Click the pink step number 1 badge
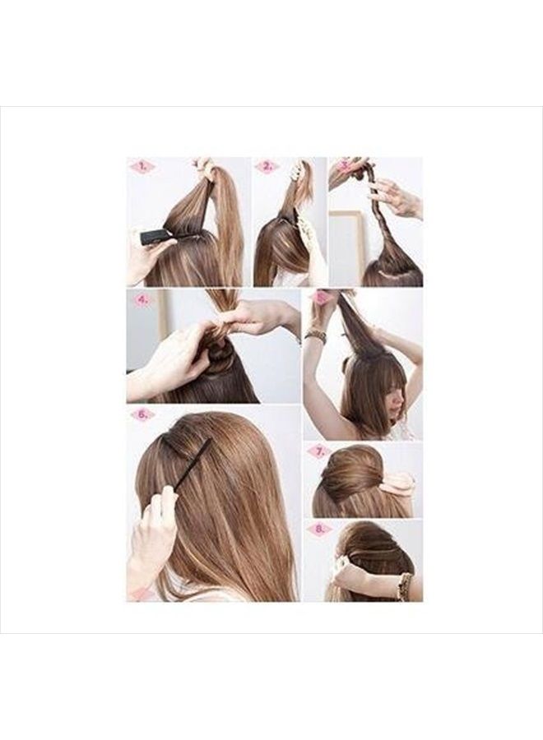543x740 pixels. (x=142, y=167)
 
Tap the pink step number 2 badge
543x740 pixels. (x=266, y=167)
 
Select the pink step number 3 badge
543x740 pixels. (x=344, y=165)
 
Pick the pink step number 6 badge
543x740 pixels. (x=142, y=414)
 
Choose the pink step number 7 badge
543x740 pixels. (x=318, y=451)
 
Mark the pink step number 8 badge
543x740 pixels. (x=318, y=529)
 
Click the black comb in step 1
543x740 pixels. (x=156, y=237)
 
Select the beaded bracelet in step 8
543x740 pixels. (x=404, y=585)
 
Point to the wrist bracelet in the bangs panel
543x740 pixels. (x=315, y=335)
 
